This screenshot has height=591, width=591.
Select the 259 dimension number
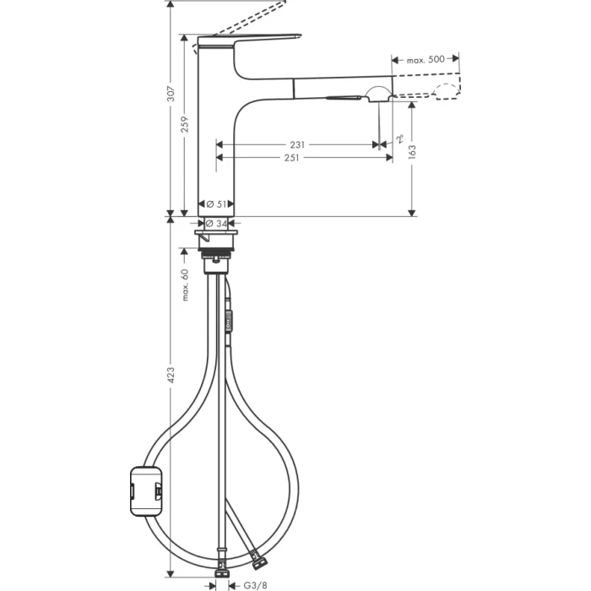(186, 124)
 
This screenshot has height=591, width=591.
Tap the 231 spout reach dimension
(296, 144)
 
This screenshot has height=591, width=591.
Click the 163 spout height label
(412, 150)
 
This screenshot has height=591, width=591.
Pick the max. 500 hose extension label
(426, 59)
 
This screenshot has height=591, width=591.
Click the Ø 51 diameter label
(215, 204)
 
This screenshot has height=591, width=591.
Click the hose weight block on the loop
(144, 489)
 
